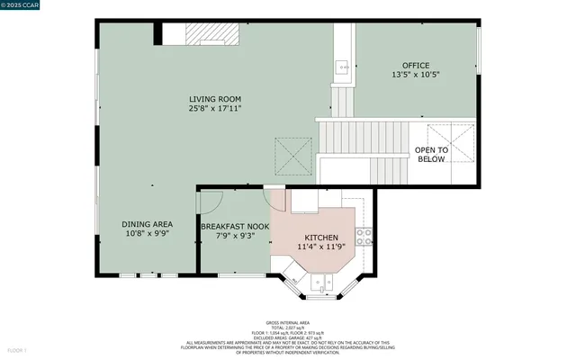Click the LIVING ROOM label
[214, 98]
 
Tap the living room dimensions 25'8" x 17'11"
[214, 109]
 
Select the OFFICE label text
[415, 65]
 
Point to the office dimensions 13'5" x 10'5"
[415, 76]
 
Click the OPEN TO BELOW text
[430, 155]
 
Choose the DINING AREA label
[147, 224]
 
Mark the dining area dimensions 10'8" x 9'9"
[147, 234]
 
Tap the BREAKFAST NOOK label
[235, 226]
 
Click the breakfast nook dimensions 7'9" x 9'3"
[235, 236]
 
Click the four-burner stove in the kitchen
[364, 237]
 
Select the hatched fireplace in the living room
[214, 34]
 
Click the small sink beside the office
[343, 67]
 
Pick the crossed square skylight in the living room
[293, 155]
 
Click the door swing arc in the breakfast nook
[209, 202]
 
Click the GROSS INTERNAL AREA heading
[287, 321]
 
